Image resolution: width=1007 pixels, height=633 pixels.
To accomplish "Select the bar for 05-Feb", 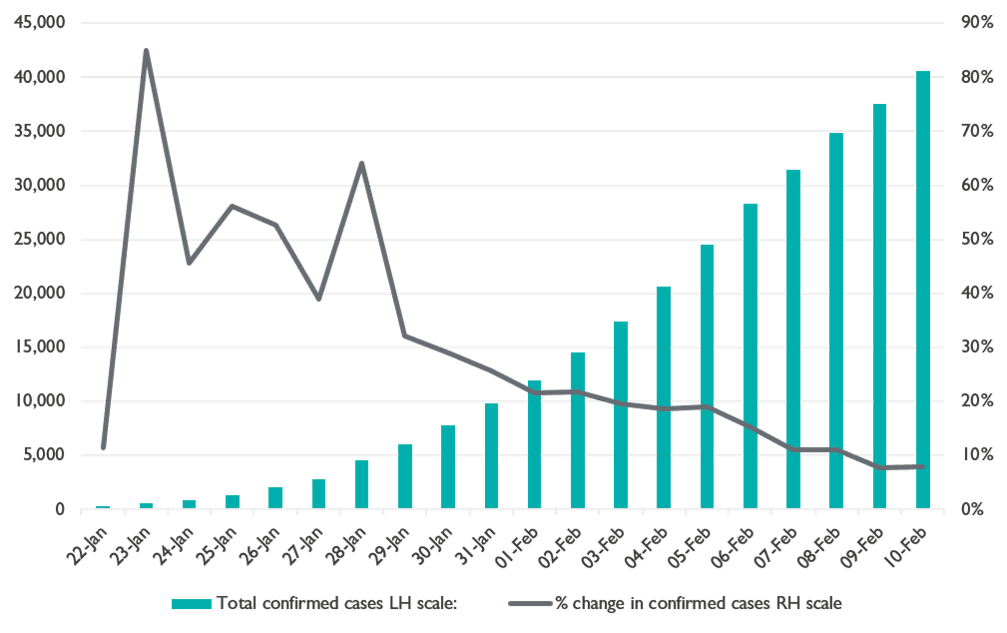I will [x=707, y=376].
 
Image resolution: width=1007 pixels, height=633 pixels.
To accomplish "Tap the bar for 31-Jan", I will [x=491, y=455].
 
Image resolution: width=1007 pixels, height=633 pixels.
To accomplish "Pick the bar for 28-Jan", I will [x=362, y=484].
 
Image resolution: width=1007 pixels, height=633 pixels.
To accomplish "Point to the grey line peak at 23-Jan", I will [x=146, y=51].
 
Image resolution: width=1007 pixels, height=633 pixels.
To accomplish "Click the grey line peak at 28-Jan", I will [x=362, y=163].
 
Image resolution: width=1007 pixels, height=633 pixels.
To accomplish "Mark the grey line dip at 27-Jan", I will [x=319, y=298].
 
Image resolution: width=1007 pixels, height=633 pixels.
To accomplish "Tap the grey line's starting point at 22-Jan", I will [x=103, y=448].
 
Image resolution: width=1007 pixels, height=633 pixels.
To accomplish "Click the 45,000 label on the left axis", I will [x=41, y=23].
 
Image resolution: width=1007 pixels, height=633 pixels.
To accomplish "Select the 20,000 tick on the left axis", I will [x=41, y=294].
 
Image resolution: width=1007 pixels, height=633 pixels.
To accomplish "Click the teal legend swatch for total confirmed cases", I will [x=191, y=603].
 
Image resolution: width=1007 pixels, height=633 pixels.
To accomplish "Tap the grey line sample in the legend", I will [x=531, y=603].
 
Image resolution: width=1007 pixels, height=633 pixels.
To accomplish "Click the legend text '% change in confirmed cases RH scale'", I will [x=698, y=603].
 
